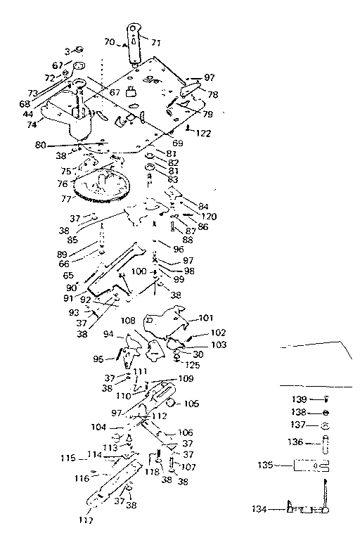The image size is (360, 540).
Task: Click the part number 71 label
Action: (x=155, y=43)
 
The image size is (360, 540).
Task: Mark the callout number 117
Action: (x=85, y=520)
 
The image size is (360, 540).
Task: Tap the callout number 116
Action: (x=82, y=478)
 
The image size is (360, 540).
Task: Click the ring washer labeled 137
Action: (x=326, y=426)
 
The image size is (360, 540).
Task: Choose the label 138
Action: (x=298, y=412)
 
